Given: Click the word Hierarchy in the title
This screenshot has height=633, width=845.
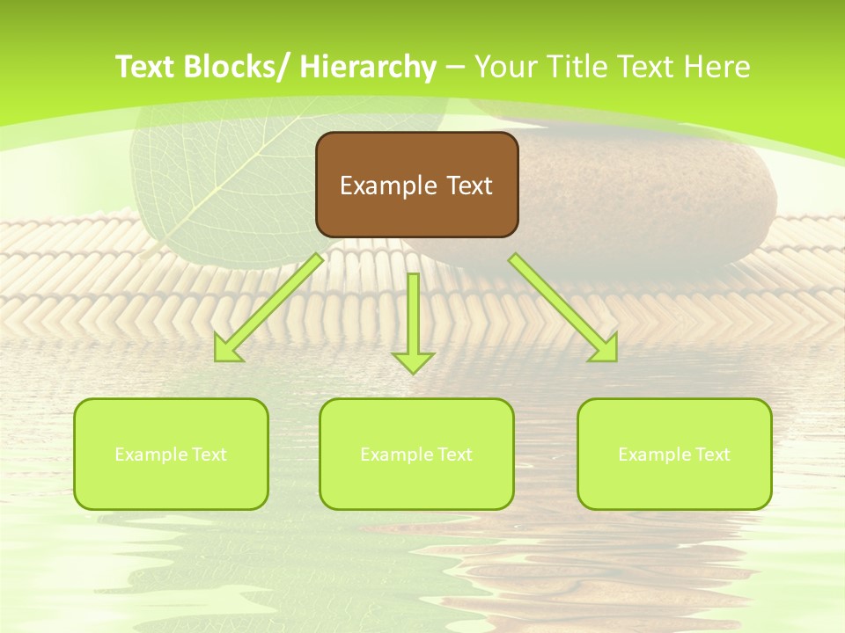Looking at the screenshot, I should pos(368,67).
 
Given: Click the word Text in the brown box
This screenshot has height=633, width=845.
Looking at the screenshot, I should pos(468,186).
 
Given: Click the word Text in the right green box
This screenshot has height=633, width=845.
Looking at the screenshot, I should pos(710,455).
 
